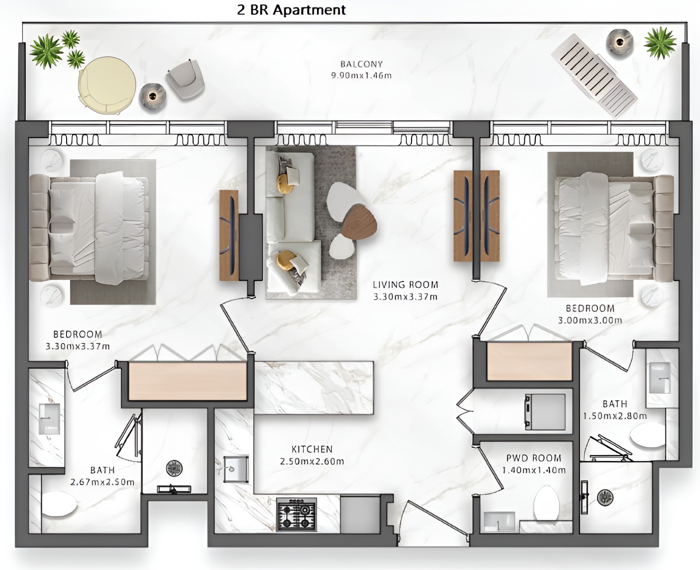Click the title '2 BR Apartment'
291,10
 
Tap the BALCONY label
361,64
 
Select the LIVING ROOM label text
405,285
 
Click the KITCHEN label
312,449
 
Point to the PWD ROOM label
533,458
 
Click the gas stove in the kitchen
296,514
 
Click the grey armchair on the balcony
185,80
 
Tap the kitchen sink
236,469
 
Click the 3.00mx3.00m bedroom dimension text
590,320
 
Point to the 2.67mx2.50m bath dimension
102,482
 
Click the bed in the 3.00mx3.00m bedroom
614,229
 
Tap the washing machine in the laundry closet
545,412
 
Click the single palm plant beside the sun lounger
660,43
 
